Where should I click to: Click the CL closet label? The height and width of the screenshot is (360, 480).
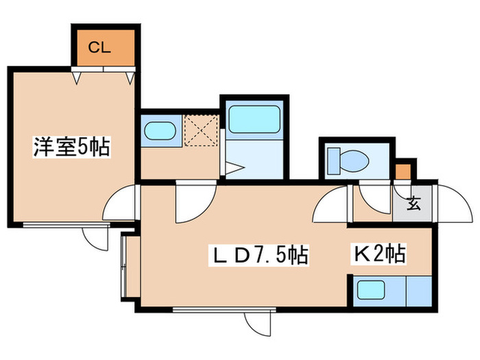tap(99, 47)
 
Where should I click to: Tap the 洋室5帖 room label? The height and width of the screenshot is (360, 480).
tap(71, 147)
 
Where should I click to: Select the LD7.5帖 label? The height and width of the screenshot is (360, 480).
tap(259, 254)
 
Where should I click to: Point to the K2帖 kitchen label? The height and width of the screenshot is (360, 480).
tap(379, 254)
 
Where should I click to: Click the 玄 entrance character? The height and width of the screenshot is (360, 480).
tap(413, 203)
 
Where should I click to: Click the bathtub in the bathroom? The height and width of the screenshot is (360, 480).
tap(254, 119)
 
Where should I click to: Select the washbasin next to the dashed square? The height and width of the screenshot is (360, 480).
tap(160, 131)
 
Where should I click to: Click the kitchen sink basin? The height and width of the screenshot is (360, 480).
tap(371, 290)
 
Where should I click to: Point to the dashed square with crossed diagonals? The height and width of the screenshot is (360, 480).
tap(202, 130)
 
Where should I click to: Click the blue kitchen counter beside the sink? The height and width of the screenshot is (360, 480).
tap(419, 291)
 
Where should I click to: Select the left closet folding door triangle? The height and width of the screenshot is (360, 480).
tap(77, 78)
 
